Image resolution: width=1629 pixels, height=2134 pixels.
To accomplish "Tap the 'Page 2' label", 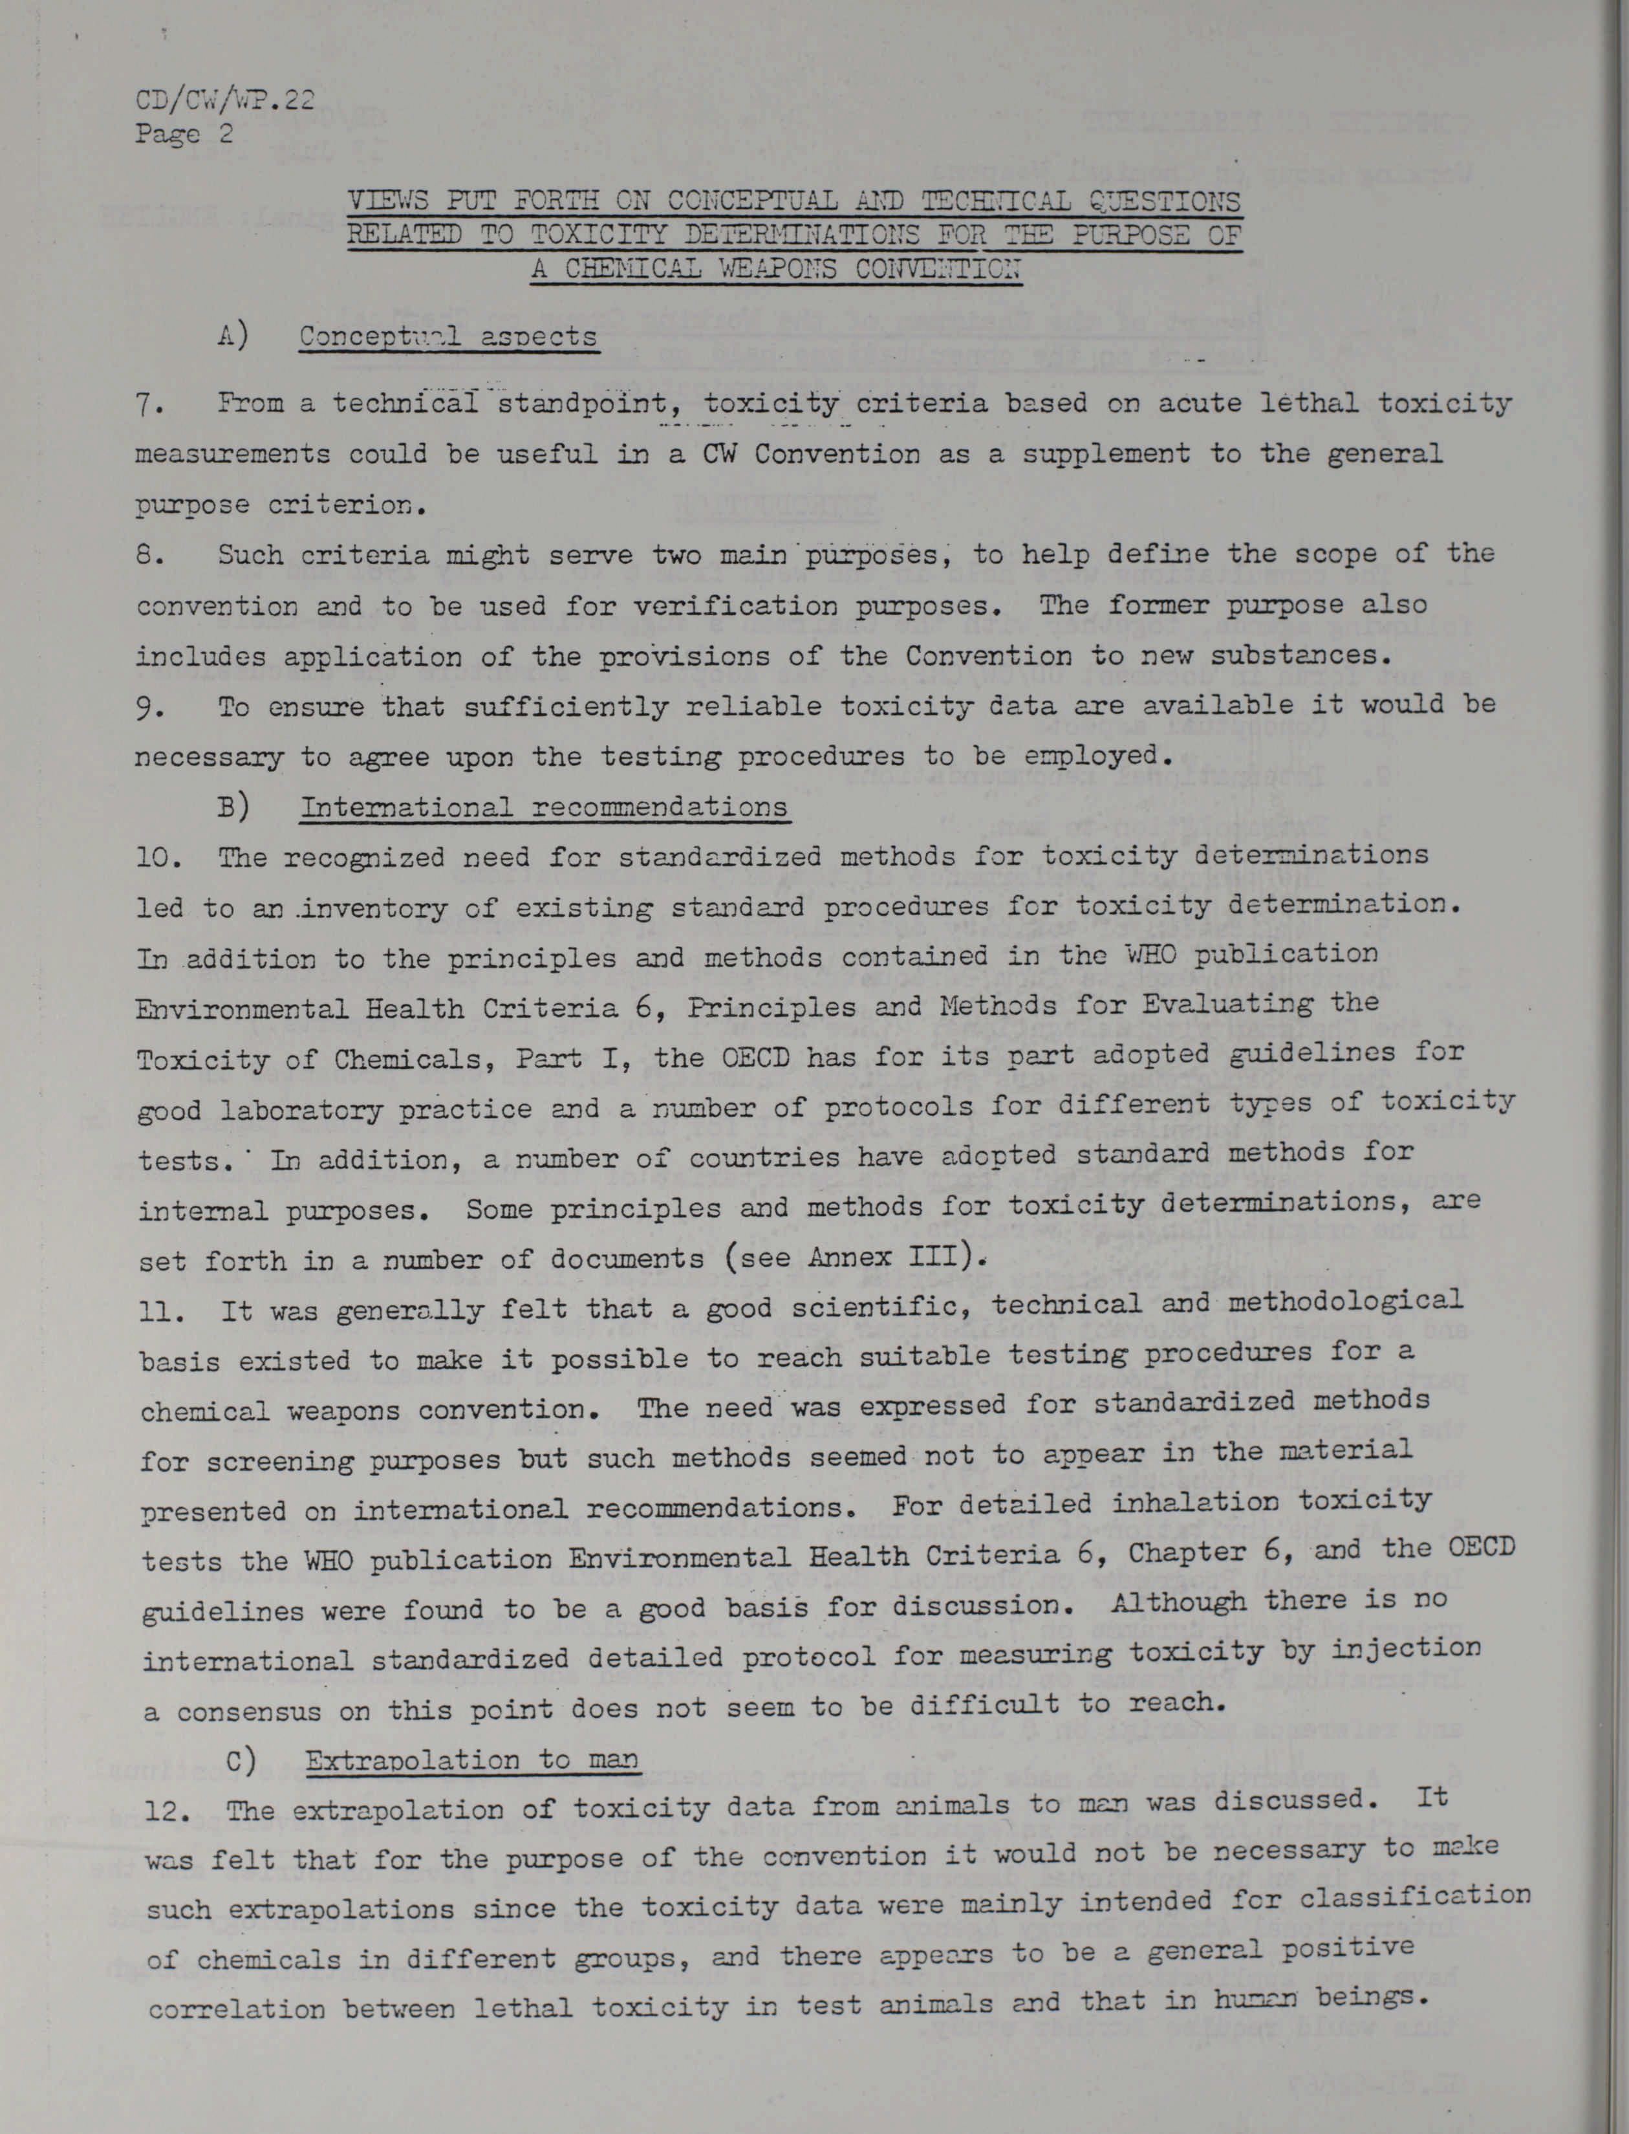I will tap(183, 134).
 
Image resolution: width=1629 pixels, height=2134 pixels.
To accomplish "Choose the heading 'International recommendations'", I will tap(543, 807).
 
